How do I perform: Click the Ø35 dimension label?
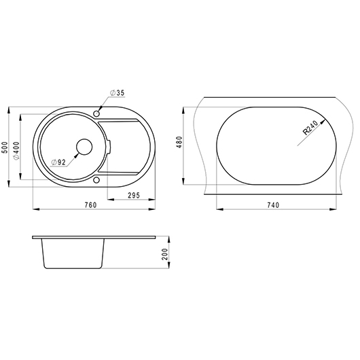[x=117, y=93]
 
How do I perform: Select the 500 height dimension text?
[x=5, y=147]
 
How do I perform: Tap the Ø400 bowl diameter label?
[x=16, y=151]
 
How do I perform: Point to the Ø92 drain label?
[x=59, y=162]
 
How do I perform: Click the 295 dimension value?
[x=134, y=196]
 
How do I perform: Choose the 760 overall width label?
[x=91, y=205]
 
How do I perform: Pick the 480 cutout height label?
[x=179, y=142]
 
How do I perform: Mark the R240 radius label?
[x=310, y=128]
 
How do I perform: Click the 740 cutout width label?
[x=273, y=205]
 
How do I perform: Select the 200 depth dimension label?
[x=165, y=254]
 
